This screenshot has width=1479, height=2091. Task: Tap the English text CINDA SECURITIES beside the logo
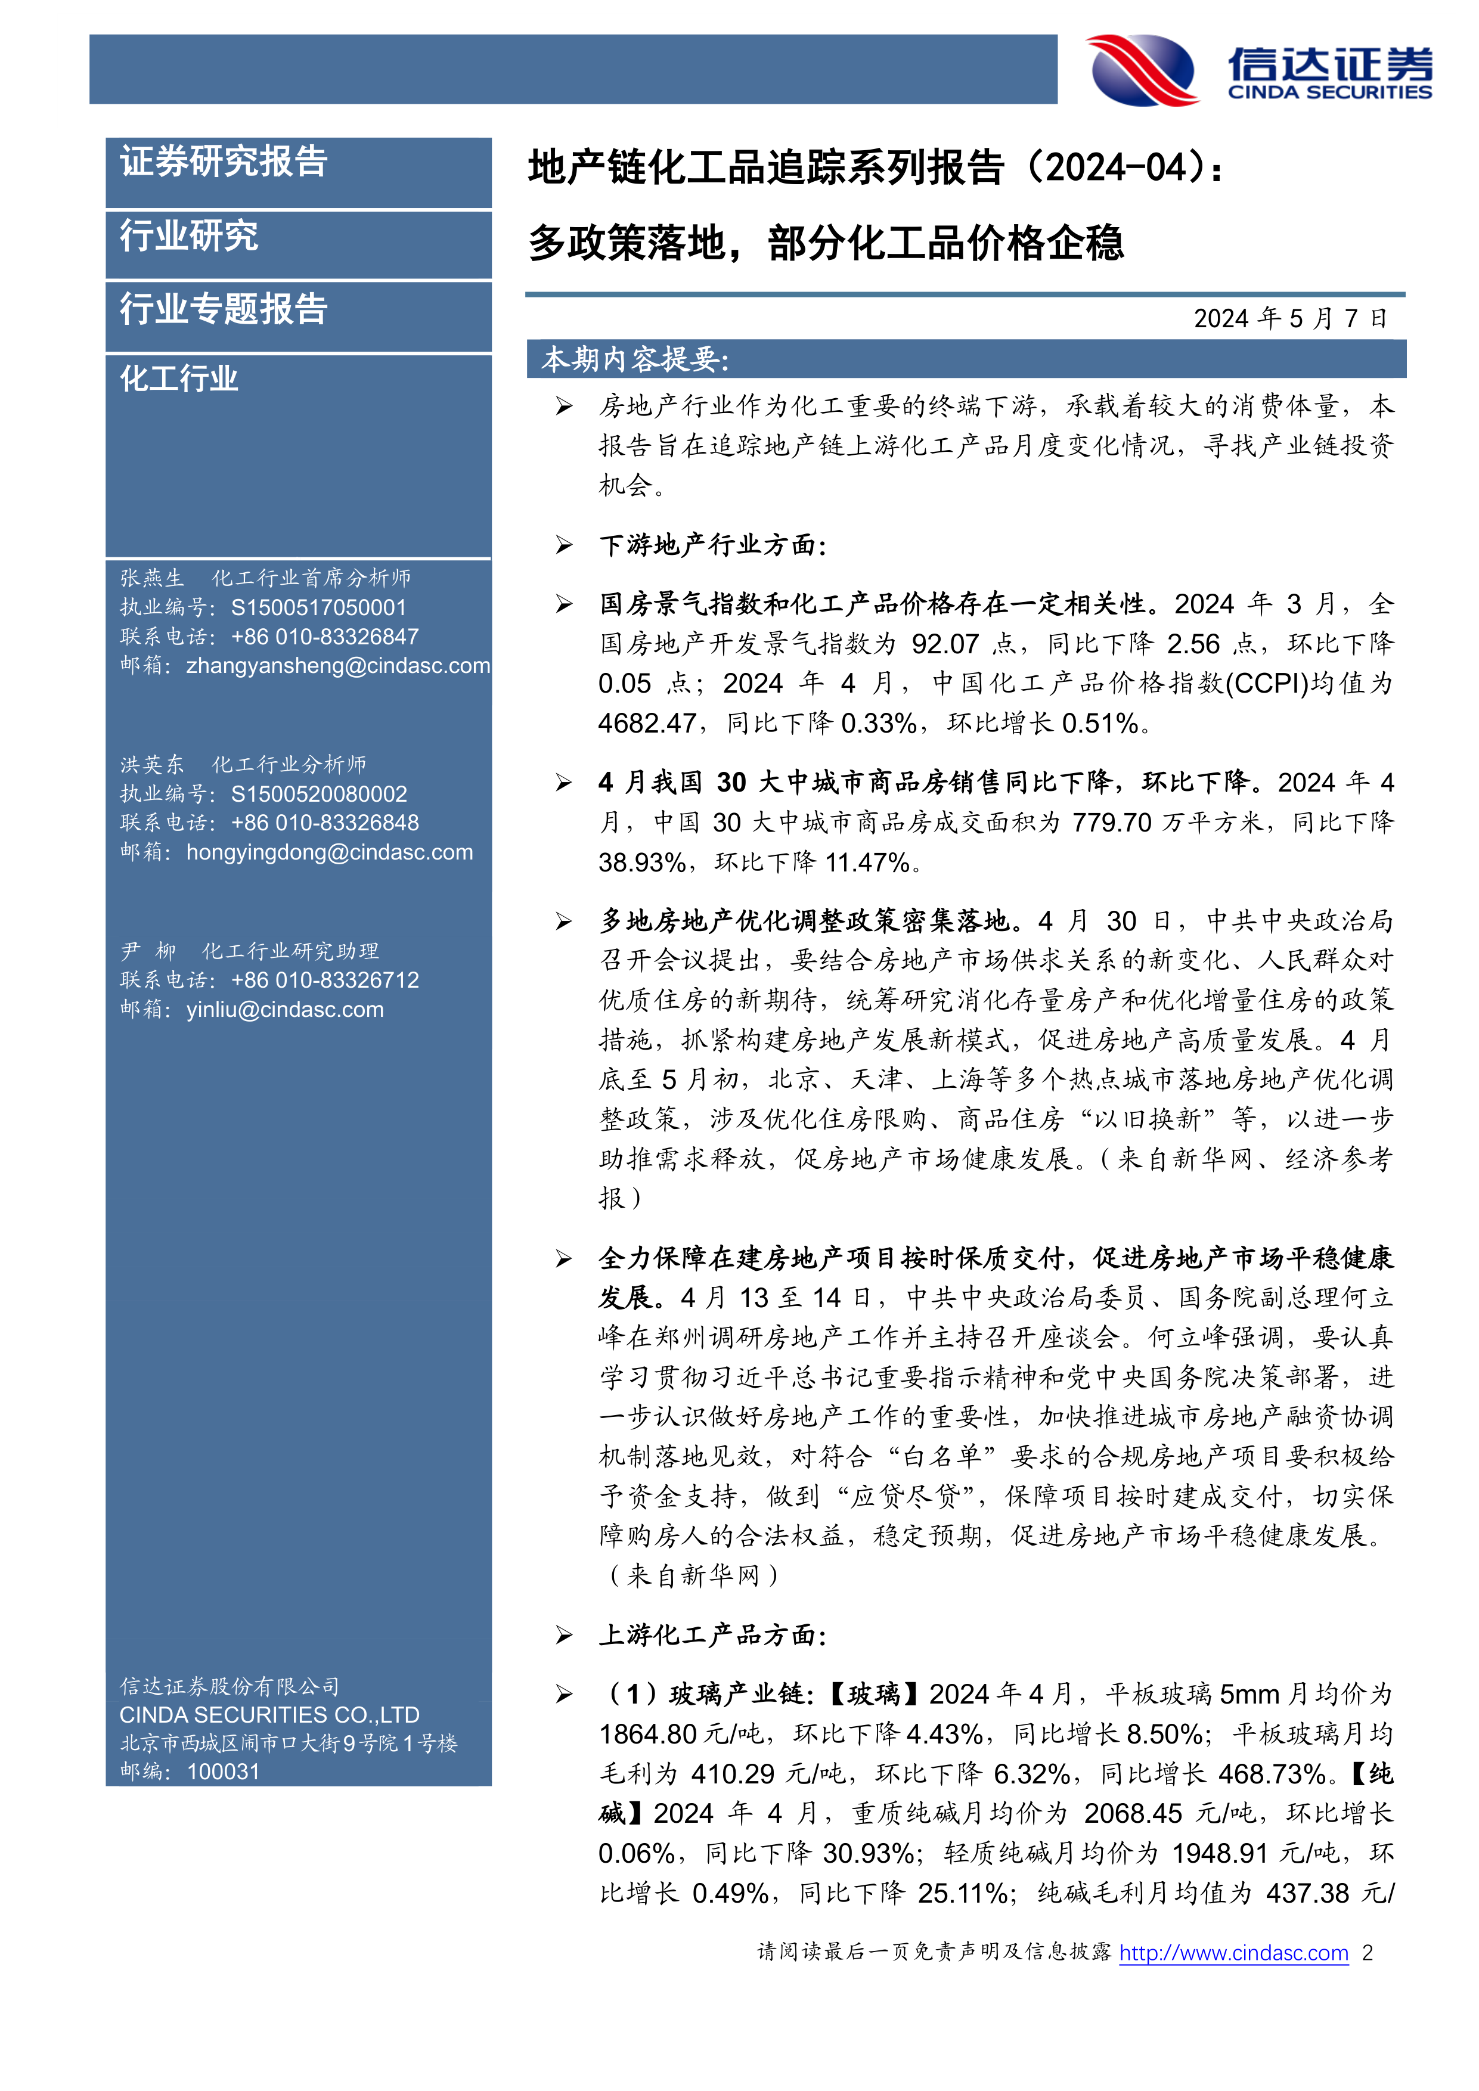[x=1329, y=92]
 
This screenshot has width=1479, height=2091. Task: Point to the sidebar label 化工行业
[x=179, y=378]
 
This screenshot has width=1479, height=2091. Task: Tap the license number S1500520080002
[x=319, y=794]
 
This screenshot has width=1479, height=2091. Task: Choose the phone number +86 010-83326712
[x=325, y=980]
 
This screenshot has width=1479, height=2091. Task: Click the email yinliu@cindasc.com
[x=285, y=1009]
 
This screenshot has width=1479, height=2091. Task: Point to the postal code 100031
[x=223, y=1772]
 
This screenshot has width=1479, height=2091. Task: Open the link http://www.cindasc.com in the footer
[x=1233, y=1953]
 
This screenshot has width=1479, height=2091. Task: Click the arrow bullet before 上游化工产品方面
[x=565, y=1635]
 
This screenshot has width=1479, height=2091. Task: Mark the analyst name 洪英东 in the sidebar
[x=152, y=764]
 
